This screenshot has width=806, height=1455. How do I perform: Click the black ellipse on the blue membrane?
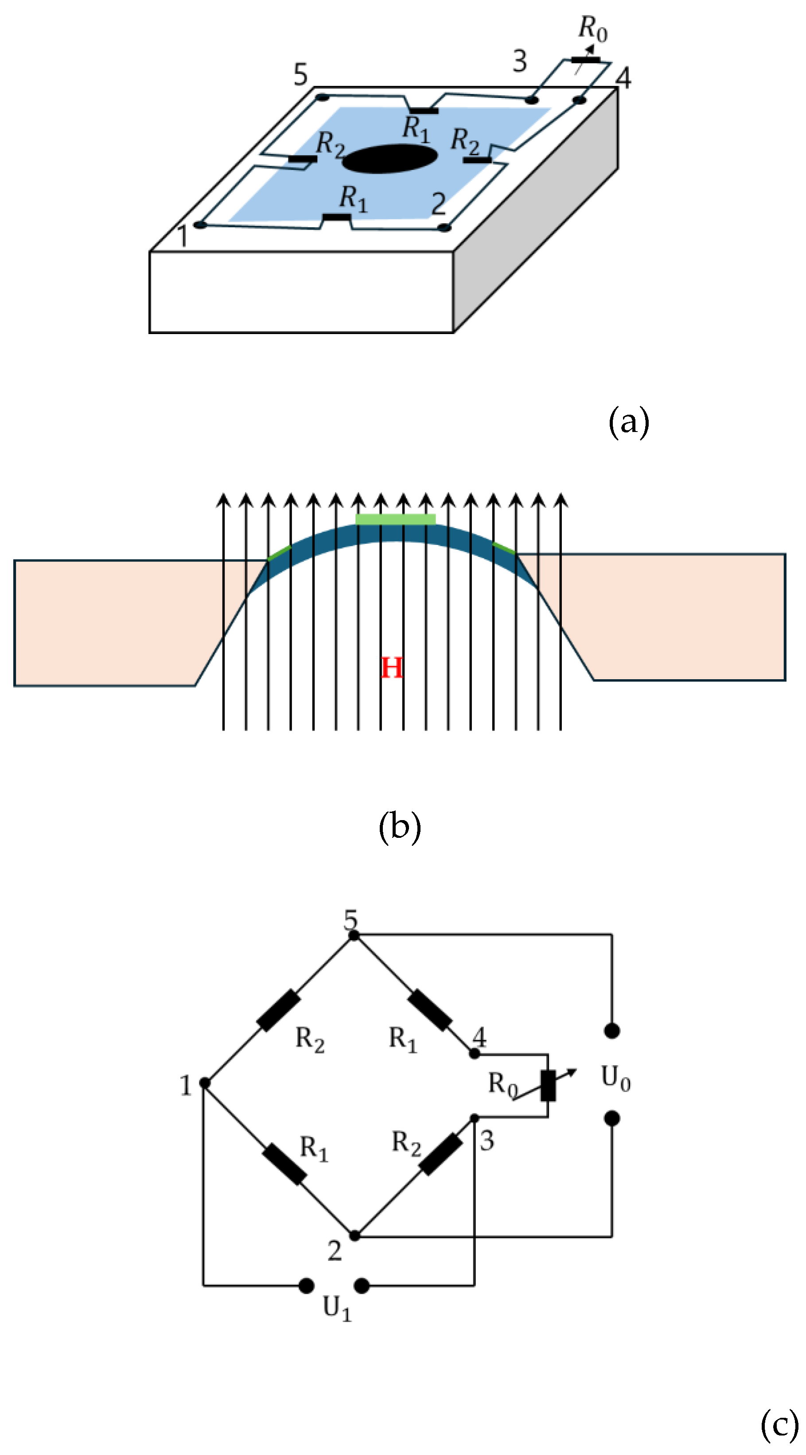click(x=390, y=159)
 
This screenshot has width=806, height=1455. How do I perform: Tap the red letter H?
click(x=391, y=668)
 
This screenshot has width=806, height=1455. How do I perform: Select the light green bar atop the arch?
click(x=395, y=519)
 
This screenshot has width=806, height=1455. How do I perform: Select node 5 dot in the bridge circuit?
click(x=354, y=935)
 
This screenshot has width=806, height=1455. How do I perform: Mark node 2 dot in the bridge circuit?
click(x=354, y=1236)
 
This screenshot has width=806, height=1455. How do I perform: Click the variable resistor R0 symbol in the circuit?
click(x=547, y=1085)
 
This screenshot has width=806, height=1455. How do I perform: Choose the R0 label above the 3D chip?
click(x=592, y=28)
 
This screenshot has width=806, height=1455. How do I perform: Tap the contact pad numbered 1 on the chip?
click(x=199, y=225)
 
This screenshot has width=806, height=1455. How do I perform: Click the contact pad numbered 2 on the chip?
click(x=444, y=228)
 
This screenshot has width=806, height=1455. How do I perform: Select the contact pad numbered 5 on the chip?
click(x=322, y=97)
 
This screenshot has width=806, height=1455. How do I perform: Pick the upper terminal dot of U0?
click(x=612, y=1031)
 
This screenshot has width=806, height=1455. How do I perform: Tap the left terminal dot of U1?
click(x=306, y=1286)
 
